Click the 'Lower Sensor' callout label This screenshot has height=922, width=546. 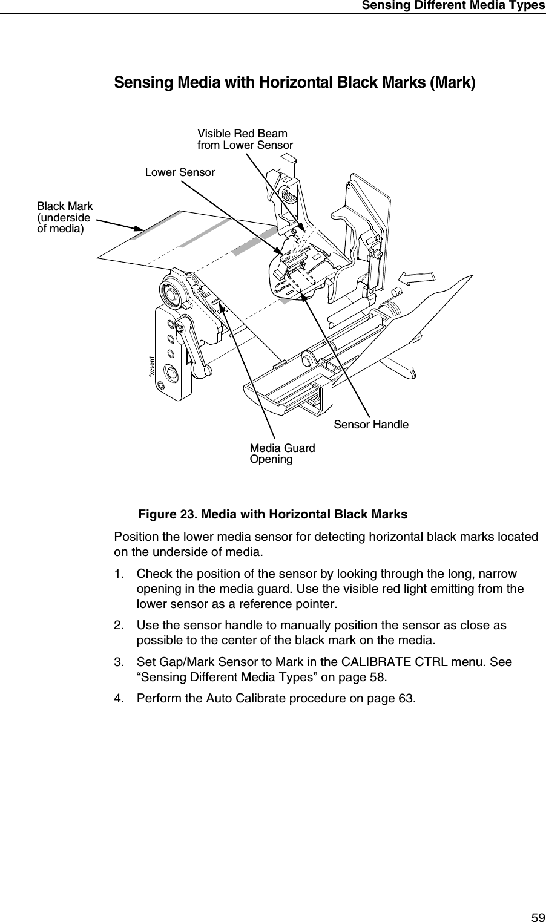click(x=180, y=172)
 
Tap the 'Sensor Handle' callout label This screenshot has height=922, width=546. click(x=371, y=425)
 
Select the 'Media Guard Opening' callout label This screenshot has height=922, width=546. click(x=282, y=454)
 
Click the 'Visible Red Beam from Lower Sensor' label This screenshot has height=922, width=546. click(x=245, y=139)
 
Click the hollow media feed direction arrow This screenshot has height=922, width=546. click(x=415, y=278)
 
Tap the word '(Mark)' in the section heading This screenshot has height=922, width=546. click(x=452, y=82)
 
